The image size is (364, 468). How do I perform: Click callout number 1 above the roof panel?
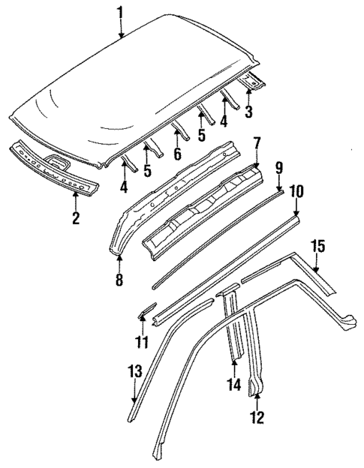tap(120, 11)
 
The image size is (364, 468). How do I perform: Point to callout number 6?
tap(177, 154)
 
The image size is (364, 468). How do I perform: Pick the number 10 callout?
tap(296, 191)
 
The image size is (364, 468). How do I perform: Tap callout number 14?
tap(234, 385)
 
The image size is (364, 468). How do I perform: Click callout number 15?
tap(317, 244)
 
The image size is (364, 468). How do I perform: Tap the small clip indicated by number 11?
tap(146, 310)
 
